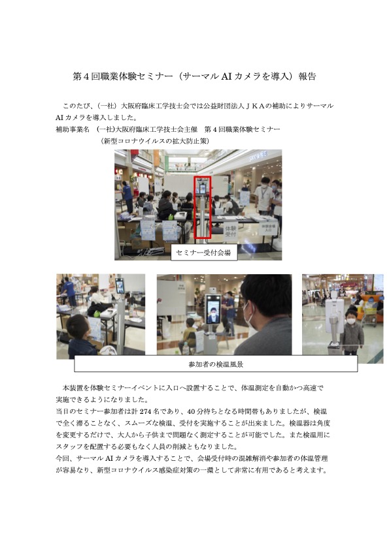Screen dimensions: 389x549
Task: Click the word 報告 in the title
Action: (x=307, y=76)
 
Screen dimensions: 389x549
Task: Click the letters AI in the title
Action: (x=226, y=76)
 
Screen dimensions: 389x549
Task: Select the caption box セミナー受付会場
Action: (x=204, y=253)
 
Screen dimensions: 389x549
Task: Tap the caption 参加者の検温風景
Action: (x=216, y=364)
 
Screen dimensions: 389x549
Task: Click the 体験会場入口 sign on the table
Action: (x=268, y=228)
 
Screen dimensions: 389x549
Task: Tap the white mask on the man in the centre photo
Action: (x=248, y=315)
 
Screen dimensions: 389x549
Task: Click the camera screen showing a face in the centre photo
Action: (x=212, y=309)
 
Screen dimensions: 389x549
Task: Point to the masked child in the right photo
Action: (x=351, y=331)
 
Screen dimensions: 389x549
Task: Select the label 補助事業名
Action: (x=73, y=129)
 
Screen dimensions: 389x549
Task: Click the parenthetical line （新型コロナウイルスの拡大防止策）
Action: (x=155, y=141)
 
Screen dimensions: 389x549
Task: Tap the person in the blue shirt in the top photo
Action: (x=127, y=196)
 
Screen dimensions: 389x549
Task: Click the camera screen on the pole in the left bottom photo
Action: (x=120, y=285)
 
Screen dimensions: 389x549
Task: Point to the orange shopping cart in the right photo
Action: (x=368, y=308)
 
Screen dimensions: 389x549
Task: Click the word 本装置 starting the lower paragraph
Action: (x=73, y=388)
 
